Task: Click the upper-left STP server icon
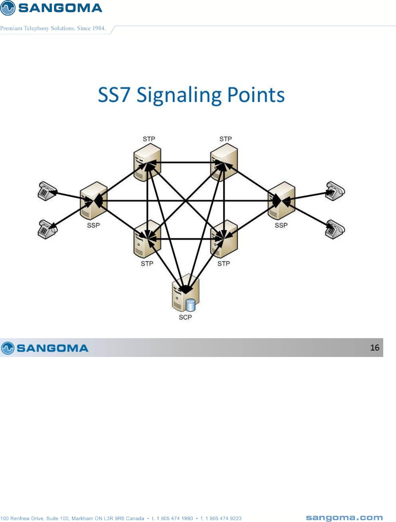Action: [x=147, y=163]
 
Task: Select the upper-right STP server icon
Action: [x=224, y=163]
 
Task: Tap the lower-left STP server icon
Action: [x=147, y=239]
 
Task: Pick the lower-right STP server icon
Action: [x=224, y=239]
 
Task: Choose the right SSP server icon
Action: [x=281, y=201]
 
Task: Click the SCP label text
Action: [x=185, y=317]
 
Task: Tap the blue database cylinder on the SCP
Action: [x=190, y=305]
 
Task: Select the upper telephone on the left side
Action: [x=47, y=191]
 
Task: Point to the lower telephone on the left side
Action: [x=47, y=229]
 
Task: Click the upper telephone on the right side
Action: [x=335, y=191]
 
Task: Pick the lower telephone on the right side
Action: [x=335, y=229]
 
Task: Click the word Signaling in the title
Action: [x=179, y=96]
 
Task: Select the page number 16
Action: [x=374, y=348]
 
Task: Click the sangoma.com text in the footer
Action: [x=344, y=518]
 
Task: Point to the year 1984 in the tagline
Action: [x=99, y=28]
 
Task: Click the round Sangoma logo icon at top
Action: [x=8, y=8]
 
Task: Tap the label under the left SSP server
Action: [x=94, y=225]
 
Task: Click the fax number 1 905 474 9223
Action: [x=223, y=518]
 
